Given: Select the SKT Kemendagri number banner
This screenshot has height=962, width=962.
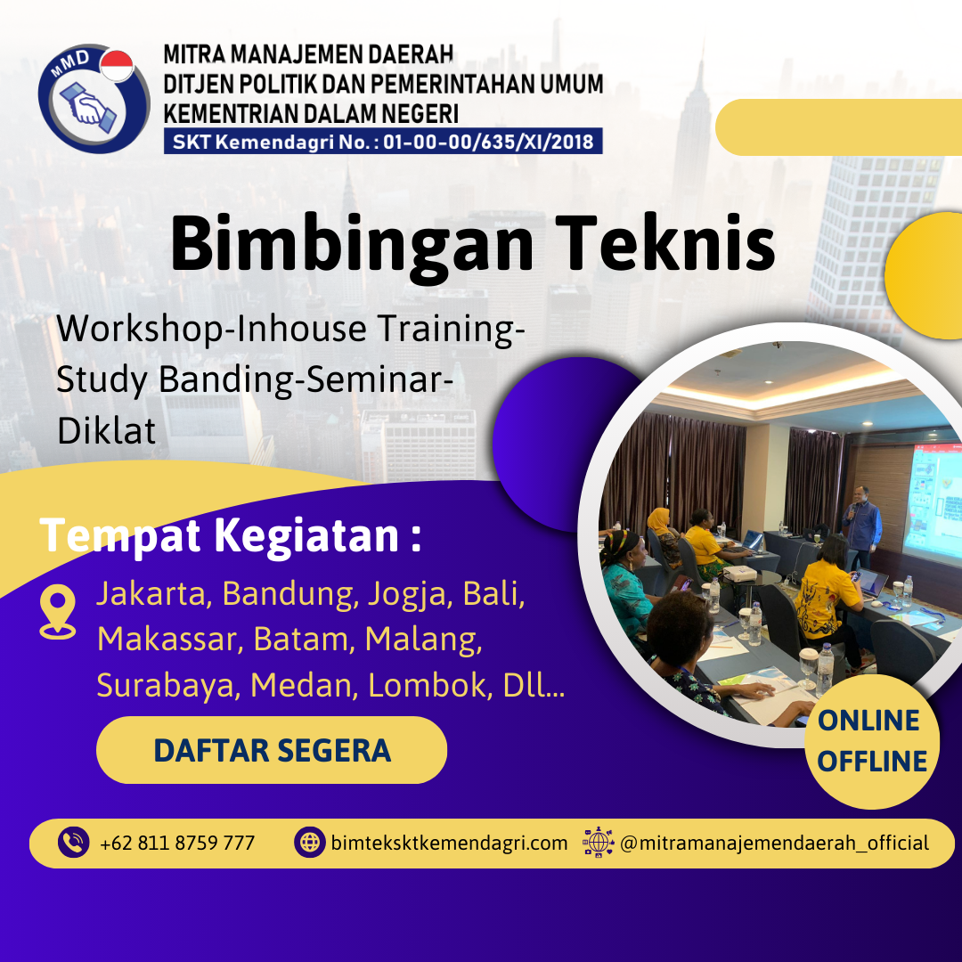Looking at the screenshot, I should click(x=383, y=142).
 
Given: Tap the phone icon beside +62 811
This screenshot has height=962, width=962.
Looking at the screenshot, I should click(x=73, y=843).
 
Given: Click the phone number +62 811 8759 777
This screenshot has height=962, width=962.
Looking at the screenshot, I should click(x=177, y=843).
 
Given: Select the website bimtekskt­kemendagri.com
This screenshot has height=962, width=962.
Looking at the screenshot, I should click(x=449, y=843).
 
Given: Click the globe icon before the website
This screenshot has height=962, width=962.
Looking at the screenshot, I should click(x=309, y=843).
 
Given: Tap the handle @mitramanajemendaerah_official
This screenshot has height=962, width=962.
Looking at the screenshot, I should click(x=773, y=843).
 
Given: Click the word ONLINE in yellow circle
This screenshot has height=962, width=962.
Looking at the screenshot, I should click(x=868, y=721).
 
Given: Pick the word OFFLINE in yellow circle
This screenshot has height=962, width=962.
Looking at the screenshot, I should click(x=872, y=762).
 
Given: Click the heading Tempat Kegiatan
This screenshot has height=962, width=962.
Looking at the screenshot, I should click(x=230, y=537).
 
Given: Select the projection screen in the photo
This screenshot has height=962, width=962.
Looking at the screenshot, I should click(x=933, y=499).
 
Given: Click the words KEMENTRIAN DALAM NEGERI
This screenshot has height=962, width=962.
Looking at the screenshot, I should click(x=311, y=113).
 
